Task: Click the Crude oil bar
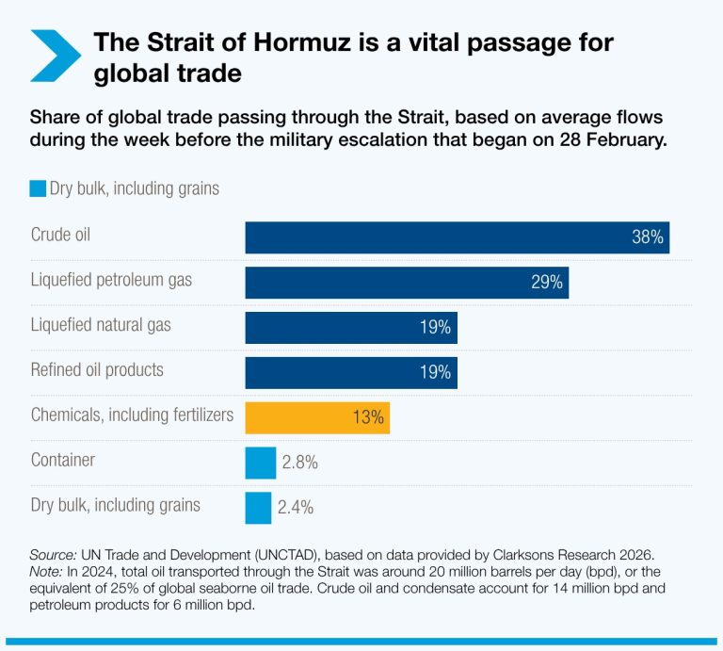coord(457,237)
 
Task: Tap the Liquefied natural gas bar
coord(351,328)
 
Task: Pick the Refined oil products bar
coord(351,372)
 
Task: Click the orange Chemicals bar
coord(317,417)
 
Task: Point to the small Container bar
coord(260,463)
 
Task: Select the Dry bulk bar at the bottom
coord(258,507)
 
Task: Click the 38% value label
coord(648,237)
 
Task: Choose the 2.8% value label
coord(299,463)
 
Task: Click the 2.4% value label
coord(296,507)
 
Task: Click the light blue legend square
coord(38,188)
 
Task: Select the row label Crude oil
coord(60,235)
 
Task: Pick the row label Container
coord(63,460)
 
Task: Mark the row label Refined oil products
coord(97,369)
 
